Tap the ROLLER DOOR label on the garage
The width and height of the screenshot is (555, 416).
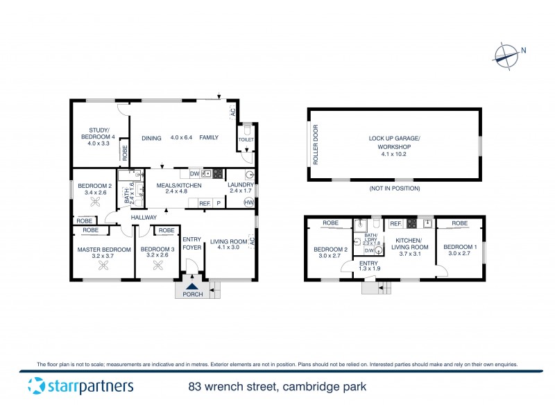[x=316, y=145]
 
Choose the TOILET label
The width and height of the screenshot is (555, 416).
[x=246, y=139]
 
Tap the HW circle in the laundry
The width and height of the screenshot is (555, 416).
[x=248, y=202]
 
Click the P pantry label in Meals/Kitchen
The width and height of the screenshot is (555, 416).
[x=219, y=203]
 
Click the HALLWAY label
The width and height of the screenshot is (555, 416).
[x=144, y=218]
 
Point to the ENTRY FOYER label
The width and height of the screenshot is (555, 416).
[x=192, y=243]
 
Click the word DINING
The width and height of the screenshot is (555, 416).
[x=152, y=138]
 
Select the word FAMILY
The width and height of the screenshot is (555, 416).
[x=209, y=138]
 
